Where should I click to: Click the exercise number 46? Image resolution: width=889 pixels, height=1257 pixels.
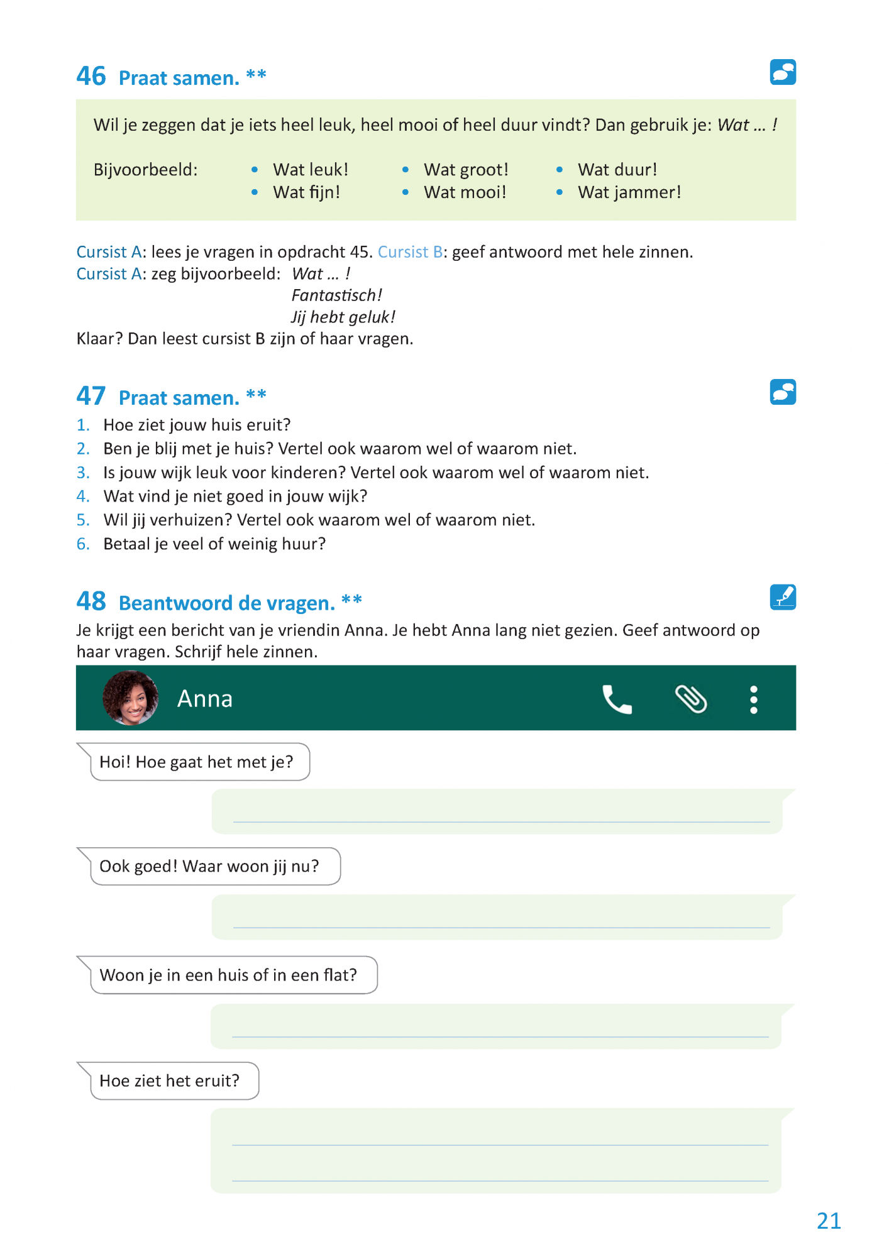[x=91, y=76]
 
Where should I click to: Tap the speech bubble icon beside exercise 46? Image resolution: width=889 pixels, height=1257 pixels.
[x=783, y=72]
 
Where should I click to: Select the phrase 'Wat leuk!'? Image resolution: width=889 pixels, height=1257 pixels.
[x=310, y=170]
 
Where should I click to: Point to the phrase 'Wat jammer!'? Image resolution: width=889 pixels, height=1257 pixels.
[x=629, y=192]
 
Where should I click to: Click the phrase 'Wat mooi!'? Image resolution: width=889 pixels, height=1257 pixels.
[x=465, y=192]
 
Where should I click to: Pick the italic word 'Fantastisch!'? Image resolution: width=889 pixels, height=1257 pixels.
[x=336, y=295]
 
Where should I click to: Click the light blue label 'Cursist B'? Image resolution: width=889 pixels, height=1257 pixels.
[x=410, y=252]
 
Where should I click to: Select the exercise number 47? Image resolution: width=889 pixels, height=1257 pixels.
[x=91, y=396]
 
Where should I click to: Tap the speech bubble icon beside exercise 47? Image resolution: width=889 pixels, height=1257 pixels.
[x=783, y=392]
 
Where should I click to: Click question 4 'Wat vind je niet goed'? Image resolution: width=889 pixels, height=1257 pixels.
[x=235, y=497]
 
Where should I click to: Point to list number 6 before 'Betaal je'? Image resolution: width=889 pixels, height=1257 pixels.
[x=83, y=544]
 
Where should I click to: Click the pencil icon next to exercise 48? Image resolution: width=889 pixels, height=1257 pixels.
[x=783, y=597]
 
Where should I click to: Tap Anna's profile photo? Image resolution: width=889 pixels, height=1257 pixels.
[x=130, y=698]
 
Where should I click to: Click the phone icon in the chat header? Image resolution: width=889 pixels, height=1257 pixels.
[x=617, y=700]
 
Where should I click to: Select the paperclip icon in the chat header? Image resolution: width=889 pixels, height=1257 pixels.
[x=691, y=700]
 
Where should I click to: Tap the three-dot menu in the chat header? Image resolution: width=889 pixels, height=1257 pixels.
[x=753, y=700]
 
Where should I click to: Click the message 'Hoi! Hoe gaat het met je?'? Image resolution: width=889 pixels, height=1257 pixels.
[x=196, y=762]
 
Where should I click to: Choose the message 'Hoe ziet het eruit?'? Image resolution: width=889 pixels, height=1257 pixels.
[x=170, y=1081]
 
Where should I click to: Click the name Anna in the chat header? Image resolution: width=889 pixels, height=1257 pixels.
[x=205, y=699]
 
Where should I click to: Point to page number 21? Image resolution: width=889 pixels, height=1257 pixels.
[x=829, y=1221]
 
